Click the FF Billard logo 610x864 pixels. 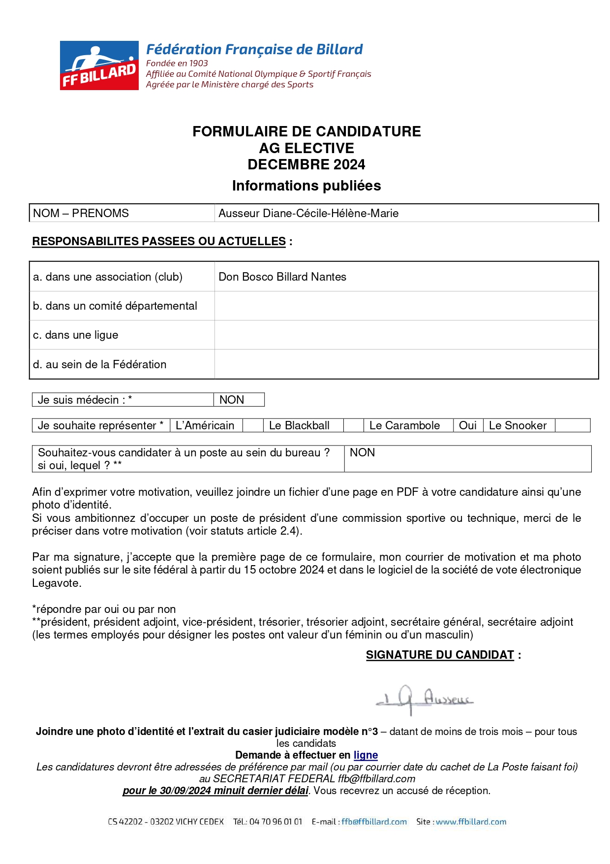click(x=99, y=65)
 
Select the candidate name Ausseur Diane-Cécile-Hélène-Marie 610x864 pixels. click(x=308, y=213)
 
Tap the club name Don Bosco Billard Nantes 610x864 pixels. click(x=282, y=277)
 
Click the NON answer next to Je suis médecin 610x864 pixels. click(x=232, y=400)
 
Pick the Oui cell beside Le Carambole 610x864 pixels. click(x=467, y=425)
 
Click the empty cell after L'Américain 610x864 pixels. click(x=253, y=425)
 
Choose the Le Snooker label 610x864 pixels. click(x=518, y=425)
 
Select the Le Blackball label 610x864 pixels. click(x=299, y=425)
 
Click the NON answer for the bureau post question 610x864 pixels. click(x=362, y=452)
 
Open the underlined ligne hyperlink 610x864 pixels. click(x=366, y=755)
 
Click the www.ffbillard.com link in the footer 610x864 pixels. click(x=471, y=822)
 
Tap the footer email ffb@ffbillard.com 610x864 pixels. click(x=374, y=822)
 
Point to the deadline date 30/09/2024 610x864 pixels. click(x=187, y=791)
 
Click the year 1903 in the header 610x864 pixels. click(x=198, y=63)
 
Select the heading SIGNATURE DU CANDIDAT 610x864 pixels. click(x=440, y=655)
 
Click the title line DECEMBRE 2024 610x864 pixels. click(x=306, y=164)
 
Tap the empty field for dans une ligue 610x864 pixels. click(x=406, y=335)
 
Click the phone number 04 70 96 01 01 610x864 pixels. click(x=275, y=822)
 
